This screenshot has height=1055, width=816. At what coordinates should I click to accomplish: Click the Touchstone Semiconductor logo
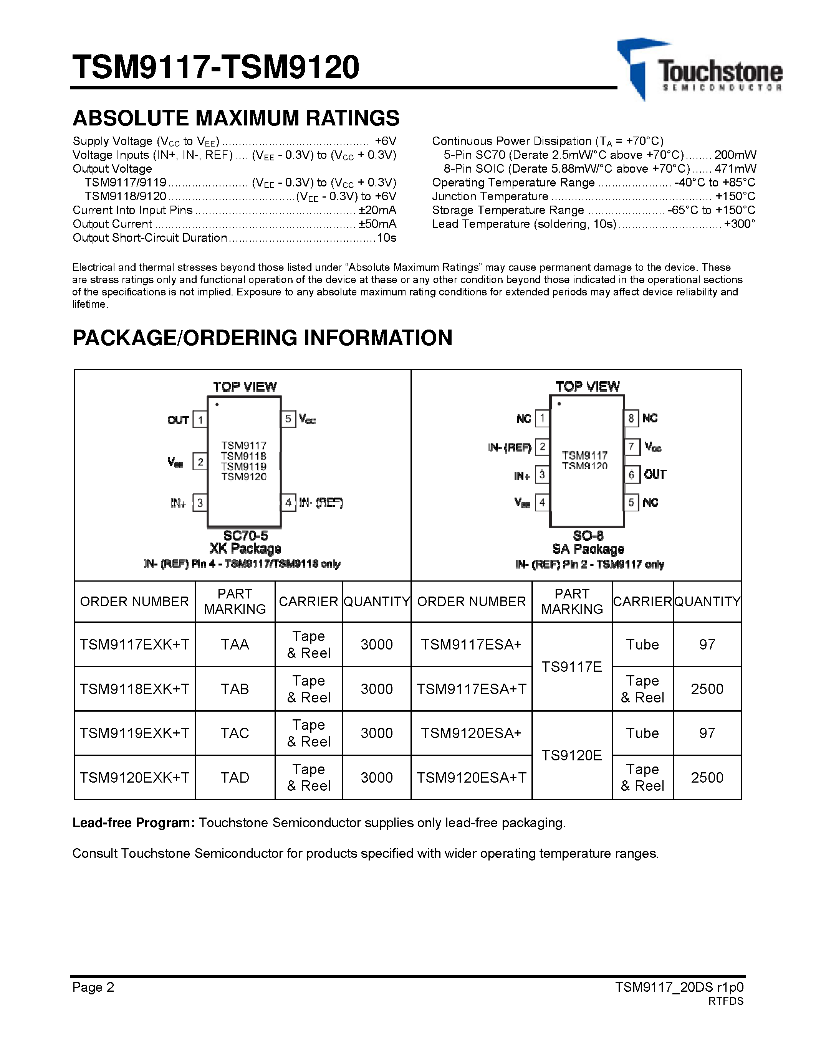click(x=698, y=69)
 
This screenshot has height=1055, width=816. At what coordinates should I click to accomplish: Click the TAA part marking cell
click(x=235, y=645)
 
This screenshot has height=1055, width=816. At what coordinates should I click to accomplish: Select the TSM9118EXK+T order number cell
click(x=134, y=689)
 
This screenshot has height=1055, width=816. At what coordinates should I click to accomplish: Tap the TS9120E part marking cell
click(x=571, y=755)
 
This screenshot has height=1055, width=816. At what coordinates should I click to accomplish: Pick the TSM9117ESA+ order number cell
click(x=471, y=645)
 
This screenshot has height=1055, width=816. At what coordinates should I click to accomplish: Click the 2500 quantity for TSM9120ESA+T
click(x=707, y=777)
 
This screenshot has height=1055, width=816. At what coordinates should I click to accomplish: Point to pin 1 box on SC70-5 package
click(x=200, y=419)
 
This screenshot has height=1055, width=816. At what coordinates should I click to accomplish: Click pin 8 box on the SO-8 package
click(x=631, y=418)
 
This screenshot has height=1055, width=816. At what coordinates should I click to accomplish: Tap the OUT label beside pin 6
click(x=655, y=474)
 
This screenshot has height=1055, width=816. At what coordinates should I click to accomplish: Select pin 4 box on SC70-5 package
click(x=288, y=503)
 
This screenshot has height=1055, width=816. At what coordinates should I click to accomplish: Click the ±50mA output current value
click(x=377, y=224)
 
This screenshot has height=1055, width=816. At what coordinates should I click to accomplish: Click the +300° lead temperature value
click(x=739, y=224)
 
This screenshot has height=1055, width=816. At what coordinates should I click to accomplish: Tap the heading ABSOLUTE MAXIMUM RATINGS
click(x=236, y=118)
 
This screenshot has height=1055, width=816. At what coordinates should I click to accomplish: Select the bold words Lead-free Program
click(x=133, y=823)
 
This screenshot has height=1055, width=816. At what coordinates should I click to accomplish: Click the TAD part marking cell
click(x=235, y=777)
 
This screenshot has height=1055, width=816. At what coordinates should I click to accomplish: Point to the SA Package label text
click(x=588, y=549)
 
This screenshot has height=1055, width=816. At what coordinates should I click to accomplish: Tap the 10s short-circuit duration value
click(x=387, y=238)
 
